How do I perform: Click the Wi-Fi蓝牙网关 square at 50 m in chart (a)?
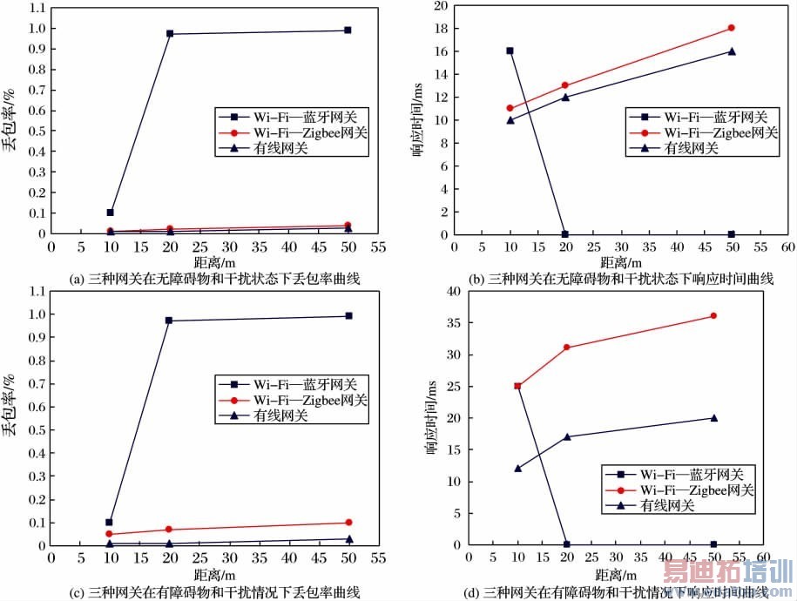(348, 30)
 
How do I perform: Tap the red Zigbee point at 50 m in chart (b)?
(731, 28)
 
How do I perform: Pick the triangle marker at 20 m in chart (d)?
(567, 436)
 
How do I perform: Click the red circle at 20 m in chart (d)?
(567, 348)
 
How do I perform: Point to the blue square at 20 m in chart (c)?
(169, 321)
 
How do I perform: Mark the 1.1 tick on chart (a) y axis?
(36, 9)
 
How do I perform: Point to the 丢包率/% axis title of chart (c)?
(11, 405)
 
